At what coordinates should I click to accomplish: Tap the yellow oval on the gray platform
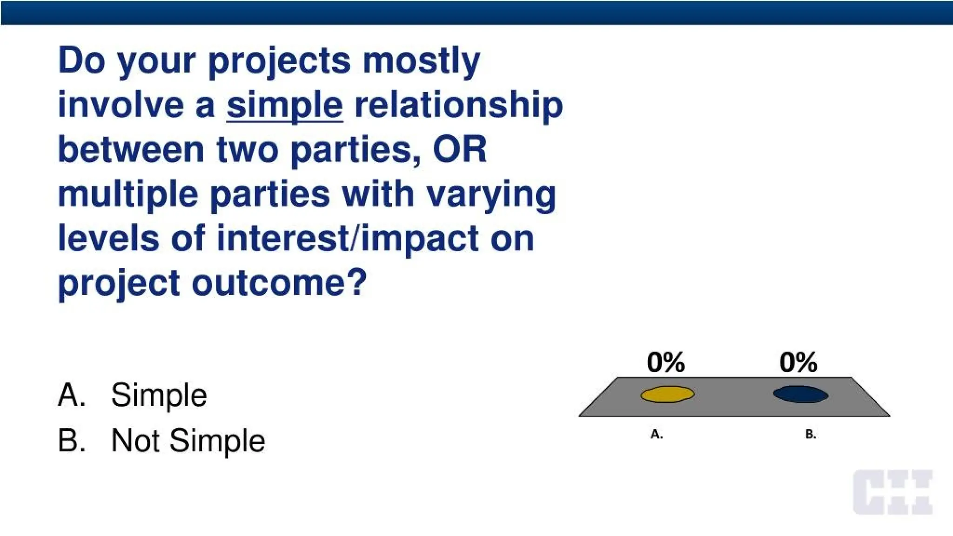tap(668, 395)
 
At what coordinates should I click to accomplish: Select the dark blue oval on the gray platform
tap(800, 395)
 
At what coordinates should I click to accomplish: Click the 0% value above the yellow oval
tap(666, 362)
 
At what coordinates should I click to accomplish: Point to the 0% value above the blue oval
tap(799, 362)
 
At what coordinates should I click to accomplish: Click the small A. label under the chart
tap(657, 435)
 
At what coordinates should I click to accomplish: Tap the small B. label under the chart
tap(811, 435)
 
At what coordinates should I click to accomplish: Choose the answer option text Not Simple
tap(188, 440)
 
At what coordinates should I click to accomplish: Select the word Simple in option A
tap(159, 395)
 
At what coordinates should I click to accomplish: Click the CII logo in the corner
tap(893, 492)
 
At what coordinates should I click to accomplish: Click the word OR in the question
tap(460, 150)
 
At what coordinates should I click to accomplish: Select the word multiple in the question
tap(128, 194)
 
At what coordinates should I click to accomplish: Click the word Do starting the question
tap(82, 60)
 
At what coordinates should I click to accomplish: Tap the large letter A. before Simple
tap(72, 395)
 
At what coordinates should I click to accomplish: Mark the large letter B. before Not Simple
tap(72, 440)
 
